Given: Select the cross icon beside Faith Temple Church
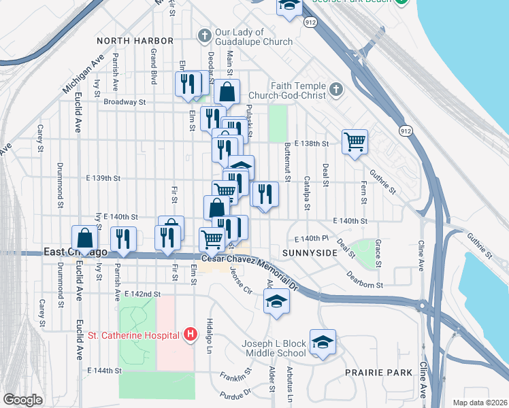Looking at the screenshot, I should click(335, 90).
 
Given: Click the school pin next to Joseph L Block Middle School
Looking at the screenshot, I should click(323, 343).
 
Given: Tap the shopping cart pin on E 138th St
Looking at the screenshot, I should click(355, 142).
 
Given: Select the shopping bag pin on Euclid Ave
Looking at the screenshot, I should click(85, 239).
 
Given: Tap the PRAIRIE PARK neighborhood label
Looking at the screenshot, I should click(378, 373).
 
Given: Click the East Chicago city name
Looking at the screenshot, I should click(76, 252).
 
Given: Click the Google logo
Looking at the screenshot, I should click(23, 400).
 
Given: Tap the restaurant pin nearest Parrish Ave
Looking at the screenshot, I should click(123, 239).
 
